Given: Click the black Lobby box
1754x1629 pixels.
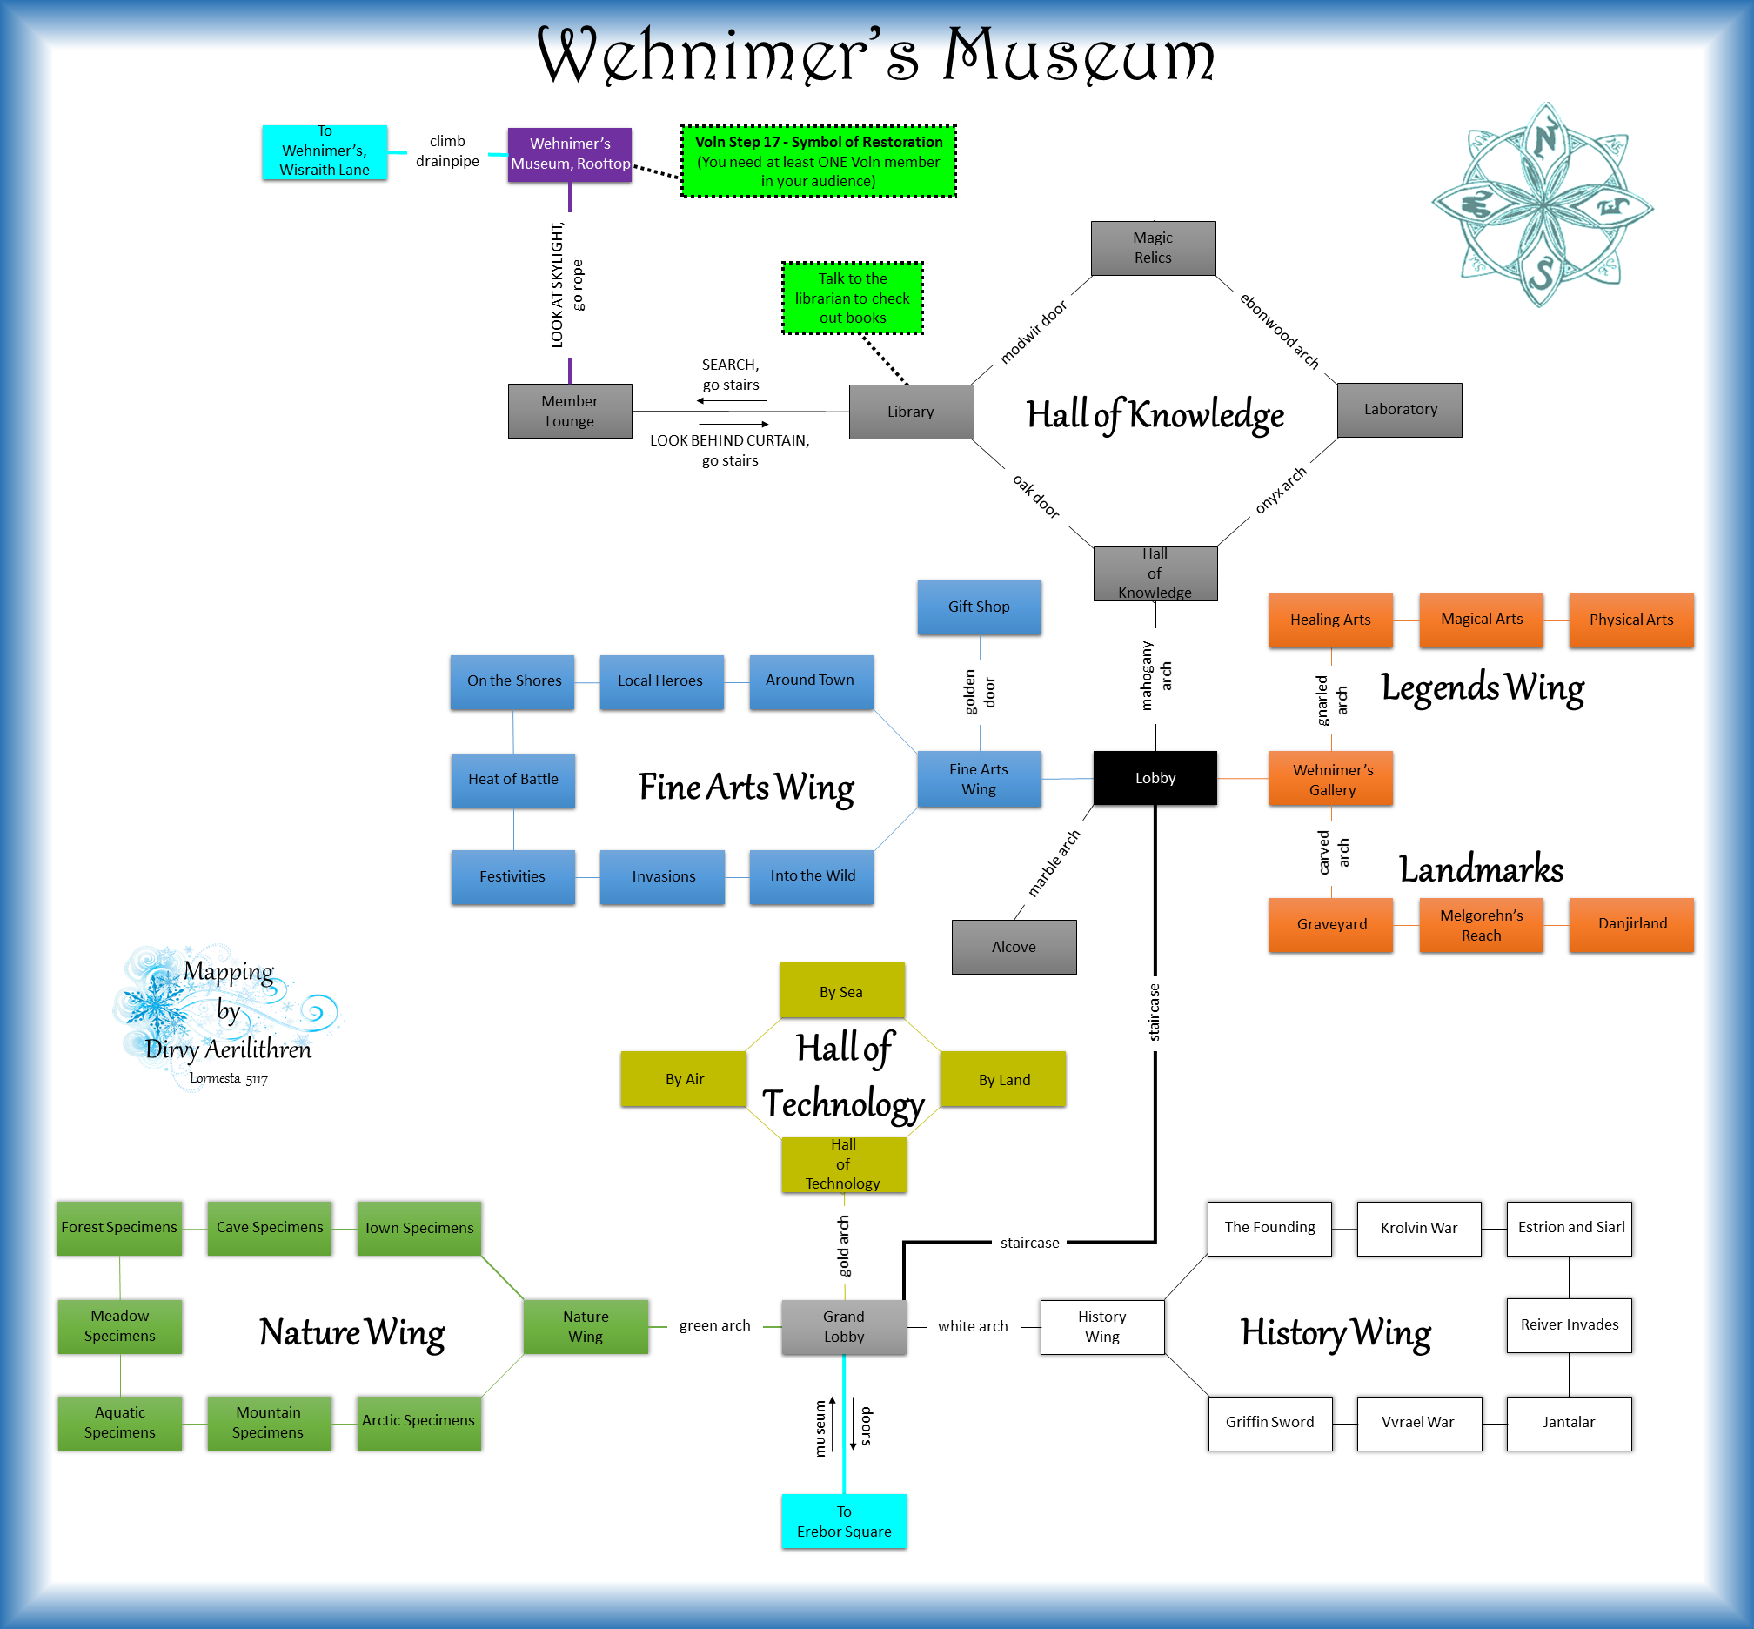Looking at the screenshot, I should [1155, 777].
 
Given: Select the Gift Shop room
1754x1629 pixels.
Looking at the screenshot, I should [979, 607].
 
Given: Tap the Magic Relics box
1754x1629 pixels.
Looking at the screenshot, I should [1152, 248].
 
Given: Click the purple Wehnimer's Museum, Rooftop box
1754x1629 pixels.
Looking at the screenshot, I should [569, 154].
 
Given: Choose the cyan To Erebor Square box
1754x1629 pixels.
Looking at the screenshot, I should [844, 1520].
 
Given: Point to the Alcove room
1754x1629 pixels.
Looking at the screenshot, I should [1014, 947].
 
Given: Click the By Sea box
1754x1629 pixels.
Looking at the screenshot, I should [840, 991].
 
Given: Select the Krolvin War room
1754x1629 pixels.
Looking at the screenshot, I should [1418, 1228].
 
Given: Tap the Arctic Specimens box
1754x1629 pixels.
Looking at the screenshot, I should [418, 1420].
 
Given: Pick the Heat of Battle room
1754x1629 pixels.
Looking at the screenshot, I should [513, 779].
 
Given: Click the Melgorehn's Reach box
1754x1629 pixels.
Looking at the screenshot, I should [1481, 925].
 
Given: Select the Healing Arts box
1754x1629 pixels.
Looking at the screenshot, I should [1330, 620].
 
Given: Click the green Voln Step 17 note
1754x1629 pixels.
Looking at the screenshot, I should [818, 161].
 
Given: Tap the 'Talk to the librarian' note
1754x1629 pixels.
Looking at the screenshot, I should [852, 298].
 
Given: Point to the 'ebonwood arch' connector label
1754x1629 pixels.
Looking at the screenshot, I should [1279, 331].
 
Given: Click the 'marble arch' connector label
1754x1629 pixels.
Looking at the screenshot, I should [1054, 863].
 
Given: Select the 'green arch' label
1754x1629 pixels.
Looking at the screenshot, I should [714, 1325].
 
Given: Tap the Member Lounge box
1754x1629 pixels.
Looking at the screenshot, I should [569, 411].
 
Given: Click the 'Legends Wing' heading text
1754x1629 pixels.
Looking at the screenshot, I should [1482, 688].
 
